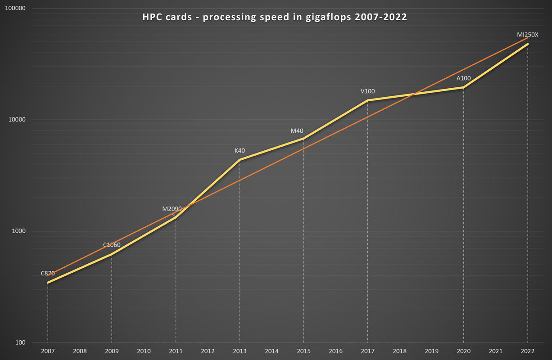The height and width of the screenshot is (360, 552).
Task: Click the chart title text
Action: [275, 18]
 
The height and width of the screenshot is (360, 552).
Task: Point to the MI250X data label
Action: [528, 35]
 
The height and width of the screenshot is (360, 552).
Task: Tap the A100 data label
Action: [464, 78]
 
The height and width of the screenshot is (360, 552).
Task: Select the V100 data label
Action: [367, 91]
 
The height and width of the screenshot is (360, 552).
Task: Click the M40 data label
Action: [297, 131]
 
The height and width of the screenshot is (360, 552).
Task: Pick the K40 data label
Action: [240, 151]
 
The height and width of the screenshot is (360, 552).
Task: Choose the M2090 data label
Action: [172, 209]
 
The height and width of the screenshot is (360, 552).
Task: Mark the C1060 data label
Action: [112, 245]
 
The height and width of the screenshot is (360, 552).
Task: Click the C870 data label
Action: [47, 273]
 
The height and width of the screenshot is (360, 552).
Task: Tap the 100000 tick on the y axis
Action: [15, 9]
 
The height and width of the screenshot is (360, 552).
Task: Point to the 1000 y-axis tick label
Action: [18, 231]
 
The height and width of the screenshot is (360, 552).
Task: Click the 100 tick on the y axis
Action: [20, 343]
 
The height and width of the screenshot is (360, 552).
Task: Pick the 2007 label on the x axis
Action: [48, 351]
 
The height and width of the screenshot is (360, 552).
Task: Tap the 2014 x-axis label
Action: [271, 351]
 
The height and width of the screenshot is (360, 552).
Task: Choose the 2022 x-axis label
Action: [528, 351]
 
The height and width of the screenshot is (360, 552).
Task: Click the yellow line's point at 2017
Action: [368, 100]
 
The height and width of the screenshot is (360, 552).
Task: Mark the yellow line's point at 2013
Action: [240, 160]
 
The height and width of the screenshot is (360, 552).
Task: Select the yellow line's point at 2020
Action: [464, 87]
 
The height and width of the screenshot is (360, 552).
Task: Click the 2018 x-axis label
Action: [400, 351]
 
